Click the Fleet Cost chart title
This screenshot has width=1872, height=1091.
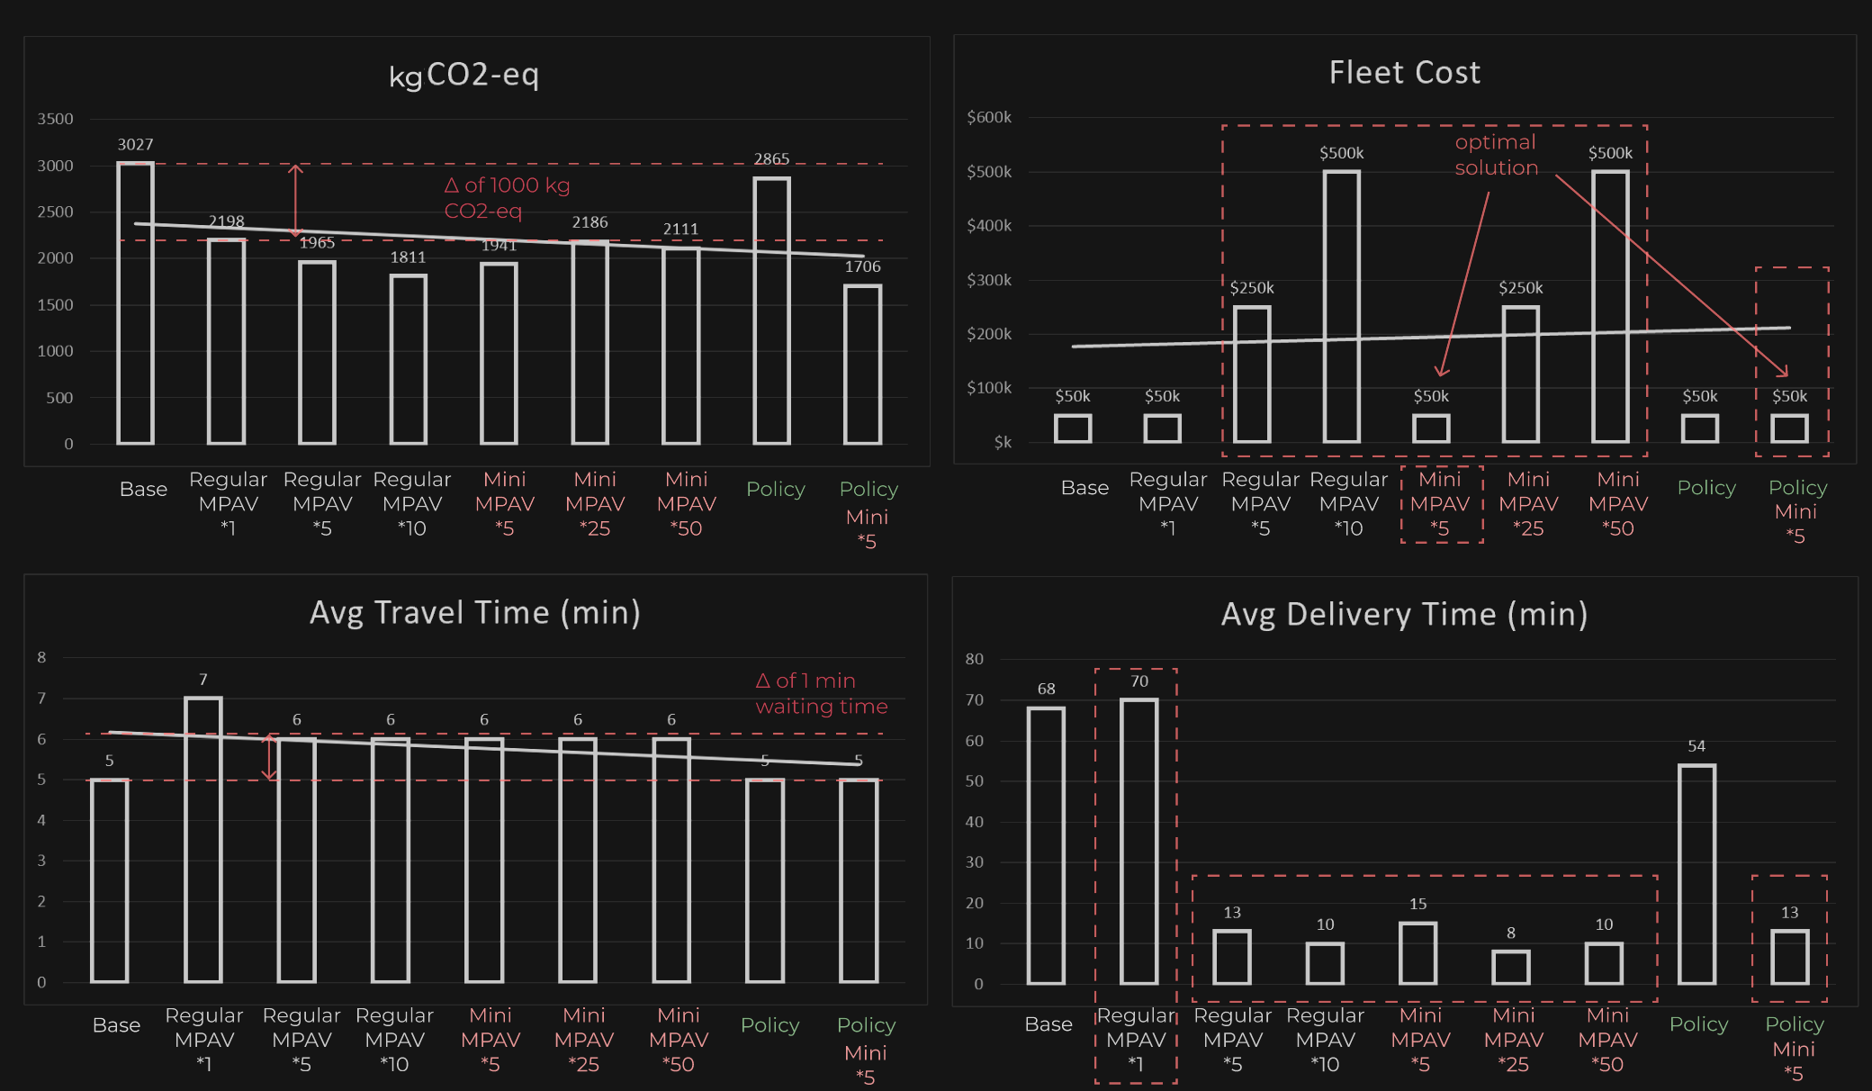click(1404, 72)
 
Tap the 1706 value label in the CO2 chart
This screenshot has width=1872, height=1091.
click(862, 266)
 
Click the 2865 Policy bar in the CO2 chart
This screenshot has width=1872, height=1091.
click(771, 311)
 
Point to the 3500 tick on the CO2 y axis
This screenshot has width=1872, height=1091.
click(55, 119)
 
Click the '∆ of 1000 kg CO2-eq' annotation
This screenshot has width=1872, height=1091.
click(507, 198)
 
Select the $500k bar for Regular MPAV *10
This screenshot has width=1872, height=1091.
click(1341, 306)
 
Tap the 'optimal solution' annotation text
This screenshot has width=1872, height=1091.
click(1496, 155)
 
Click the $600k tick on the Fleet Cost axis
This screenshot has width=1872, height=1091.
click(988, 117)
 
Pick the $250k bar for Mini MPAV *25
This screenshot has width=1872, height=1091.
click(1520, 374)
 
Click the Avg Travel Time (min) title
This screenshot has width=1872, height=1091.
click(474, 613)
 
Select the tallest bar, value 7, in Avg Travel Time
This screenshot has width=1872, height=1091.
click(203, 839)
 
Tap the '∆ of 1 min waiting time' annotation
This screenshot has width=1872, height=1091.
click(821, 693)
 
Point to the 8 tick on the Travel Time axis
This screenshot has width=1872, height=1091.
click(41, 657)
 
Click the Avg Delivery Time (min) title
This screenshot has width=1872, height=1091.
click(1404, 614)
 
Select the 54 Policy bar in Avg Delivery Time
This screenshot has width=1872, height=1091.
click(1696, 874)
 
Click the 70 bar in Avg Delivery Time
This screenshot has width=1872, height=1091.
click(1138, 842)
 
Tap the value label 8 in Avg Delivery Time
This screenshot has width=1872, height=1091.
click(1511, 933)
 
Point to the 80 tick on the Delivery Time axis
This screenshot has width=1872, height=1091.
click(974, 659)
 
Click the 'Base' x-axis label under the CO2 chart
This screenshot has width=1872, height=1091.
click(143, 489)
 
